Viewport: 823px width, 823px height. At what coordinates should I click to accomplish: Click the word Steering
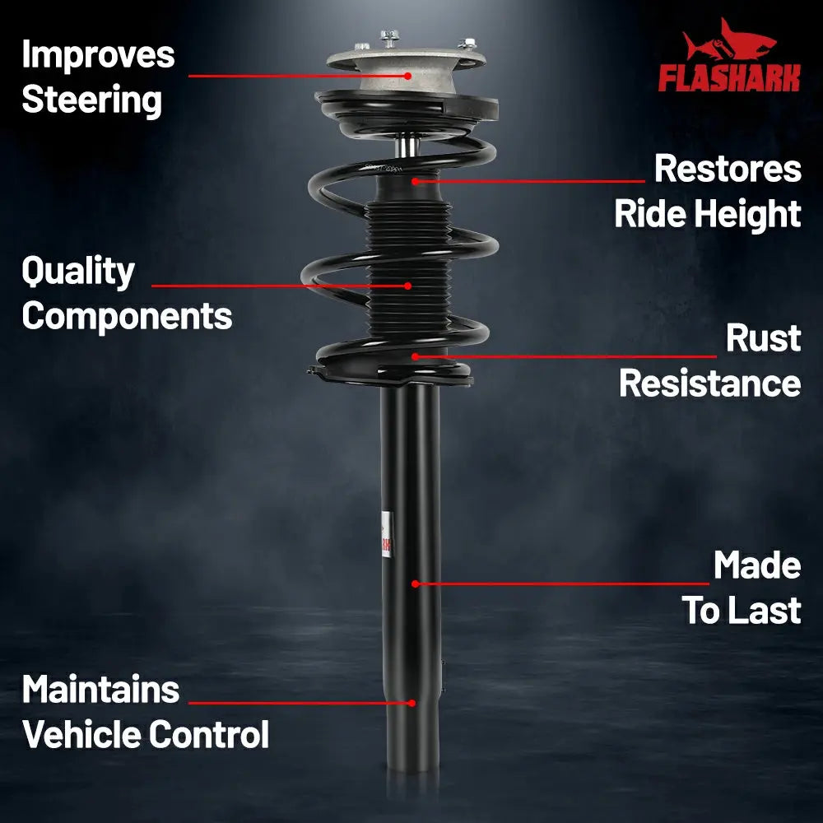point(92,100)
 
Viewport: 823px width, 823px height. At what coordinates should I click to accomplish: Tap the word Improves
point(98,54)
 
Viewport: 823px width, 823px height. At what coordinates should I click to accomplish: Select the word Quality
point(78,272)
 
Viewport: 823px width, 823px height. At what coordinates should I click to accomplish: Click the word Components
point(127,317)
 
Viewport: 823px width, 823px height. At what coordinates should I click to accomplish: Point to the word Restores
point(728,169)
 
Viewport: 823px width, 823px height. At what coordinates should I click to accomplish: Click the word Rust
point(763,337)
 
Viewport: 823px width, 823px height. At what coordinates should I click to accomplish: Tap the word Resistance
point(709,384)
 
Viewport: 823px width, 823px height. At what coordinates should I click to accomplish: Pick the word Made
point(757,565)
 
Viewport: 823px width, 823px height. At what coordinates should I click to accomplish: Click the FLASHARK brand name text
point(729,77)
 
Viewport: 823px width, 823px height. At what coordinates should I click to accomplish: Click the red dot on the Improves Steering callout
point(408,76)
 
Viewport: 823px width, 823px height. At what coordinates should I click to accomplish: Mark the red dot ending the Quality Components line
point(408,286)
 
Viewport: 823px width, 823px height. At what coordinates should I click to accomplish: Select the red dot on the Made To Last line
point(415,584)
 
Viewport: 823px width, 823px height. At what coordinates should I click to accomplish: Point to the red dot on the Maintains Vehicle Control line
point(412,703)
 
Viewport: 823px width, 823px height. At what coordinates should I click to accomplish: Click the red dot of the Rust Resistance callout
point(415,357)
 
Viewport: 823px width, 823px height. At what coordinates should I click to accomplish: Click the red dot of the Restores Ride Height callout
point(415,182)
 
